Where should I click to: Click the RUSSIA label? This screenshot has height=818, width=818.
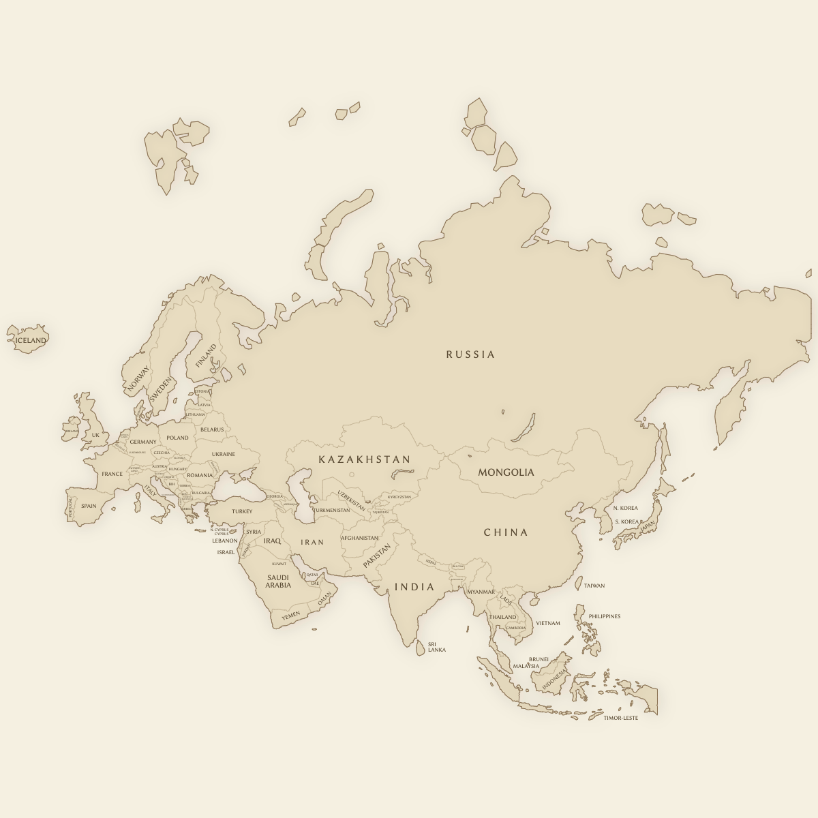coord(470,354)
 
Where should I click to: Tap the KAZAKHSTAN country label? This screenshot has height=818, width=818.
coord(365,459)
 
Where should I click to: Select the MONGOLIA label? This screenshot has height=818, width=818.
coord(506,472)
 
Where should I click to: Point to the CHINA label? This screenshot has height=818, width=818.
coord(506,532)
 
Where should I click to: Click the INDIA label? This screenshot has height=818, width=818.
coord(414,587)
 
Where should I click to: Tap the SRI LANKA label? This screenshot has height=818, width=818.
coord(436,647)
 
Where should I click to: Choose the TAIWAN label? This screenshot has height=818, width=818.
coord(594,586)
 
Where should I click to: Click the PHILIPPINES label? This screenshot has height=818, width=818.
coord(605,616)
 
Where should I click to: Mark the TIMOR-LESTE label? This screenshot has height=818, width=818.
coord(621,718)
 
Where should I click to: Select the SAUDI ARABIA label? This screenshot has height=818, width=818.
coord(278,581)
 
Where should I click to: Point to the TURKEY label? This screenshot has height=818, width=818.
coord(242,511)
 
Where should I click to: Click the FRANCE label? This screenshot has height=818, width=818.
coord(112,474)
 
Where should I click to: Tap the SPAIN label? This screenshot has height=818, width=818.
coord(89,506)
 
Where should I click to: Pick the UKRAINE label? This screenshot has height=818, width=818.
coord(223,454)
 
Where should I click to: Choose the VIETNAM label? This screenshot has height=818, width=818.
coord(548,623)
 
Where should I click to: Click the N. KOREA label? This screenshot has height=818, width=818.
coord(625,508)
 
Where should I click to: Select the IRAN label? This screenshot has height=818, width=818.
coord(313,542)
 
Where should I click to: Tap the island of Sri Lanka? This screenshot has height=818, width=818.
coord(421,648)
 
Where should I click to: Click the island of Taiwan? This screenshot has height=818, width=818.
coord(579,584)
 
